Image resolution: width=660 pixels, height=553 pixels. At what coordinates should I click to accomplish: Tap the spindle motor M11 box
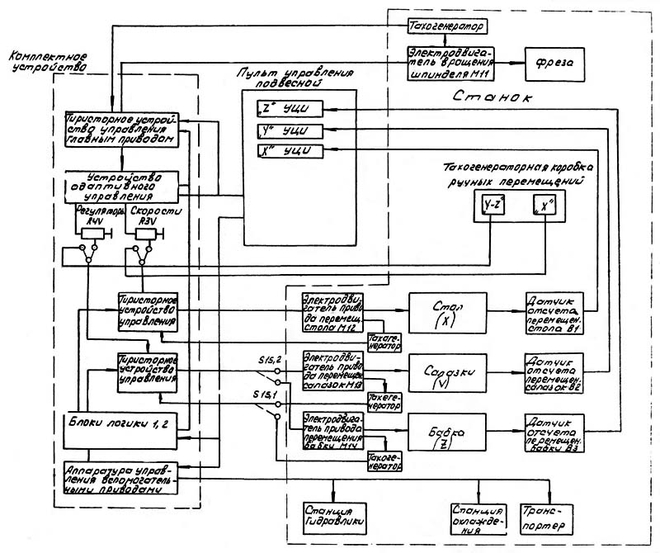pyautogui.click(x=449, y=62)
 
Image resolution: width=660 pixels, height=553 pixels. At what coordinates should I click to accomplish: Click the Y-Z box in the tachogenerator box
pyautogui.click(x=494, y=203)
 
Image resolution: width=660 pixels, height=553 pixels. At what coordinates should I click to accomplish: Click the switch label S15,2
pyautogui.click(x=268, y=358)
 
